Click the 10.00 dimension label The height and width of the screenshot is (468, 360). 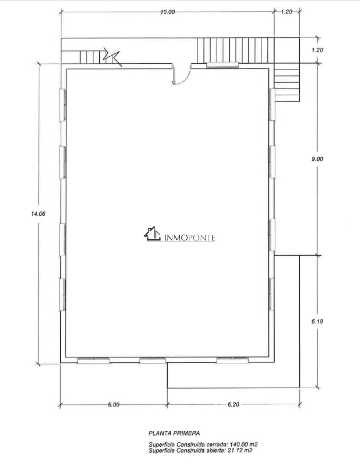(168, 12)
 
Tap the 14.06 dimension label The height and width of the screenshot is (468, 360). (38, 214)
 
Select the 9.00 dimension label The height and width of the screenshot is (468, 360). (317, 159)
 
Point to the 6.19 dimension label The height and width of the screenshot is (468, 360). (317, 322)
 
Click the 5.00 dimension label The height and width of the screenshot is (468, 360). (114, 404)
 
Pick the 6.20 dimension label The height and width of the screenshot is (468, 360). (234, 404)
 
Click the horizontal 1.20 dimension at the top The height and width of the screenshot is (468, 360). (286, 12)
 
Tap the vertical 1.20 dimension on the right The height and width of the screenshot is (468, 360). (317, 50)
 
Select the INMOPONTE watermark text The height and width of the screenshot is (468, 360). (190, 237)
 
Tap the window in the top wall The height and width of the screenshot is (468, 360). (223, 65)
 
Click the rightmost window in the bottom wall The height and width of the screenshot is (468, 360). (232, 360)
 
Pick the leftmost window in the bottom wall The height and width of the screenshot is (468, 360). (94, 360)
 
